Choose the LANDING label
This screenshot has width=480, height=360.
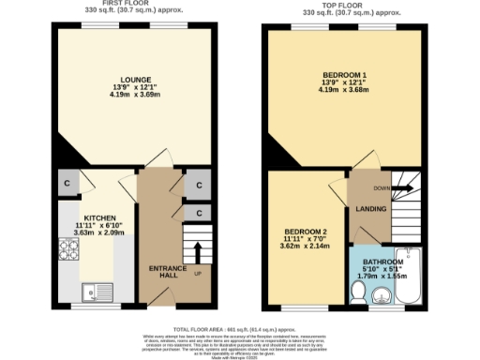pos(371,208)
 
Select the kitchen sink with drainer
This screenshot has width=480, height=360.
pos(96,291)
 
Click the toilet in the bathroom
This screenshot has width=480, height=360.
pos(357,293)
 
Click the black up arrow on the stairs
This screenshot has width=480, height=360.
pos(197,251)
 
